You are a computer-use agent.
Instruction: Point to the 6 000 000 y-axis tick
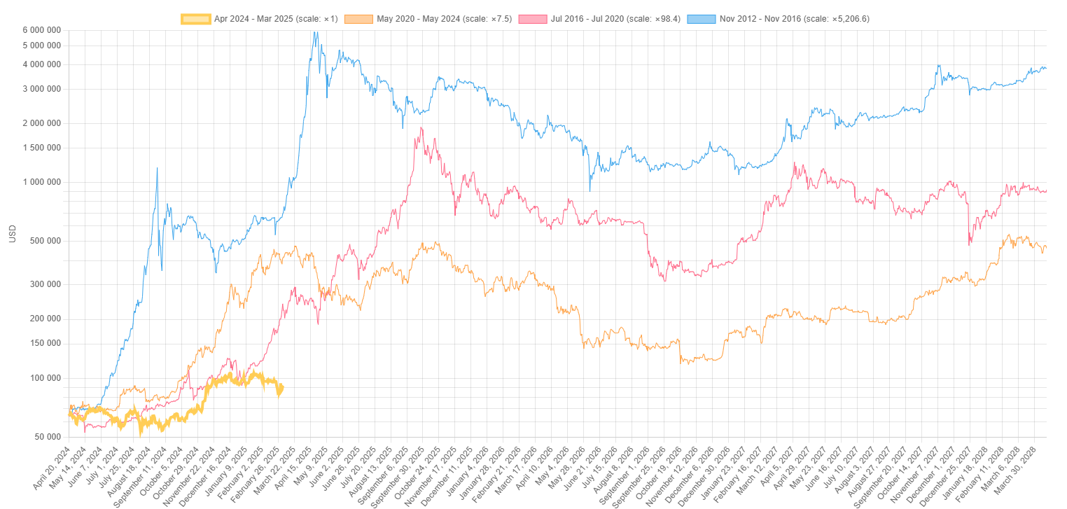point(41,30)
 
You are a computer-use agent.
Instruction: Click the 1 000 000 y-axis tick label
point(41,182)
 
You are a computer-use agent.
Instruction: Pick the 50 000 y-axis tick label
point(47,437)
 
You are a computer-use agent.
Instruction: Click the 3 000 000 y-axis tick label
point(41,89)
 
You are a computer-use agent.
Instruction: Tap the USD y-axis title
point(12,233)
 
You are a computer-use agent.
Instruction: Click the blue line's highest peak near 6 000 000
point(315,32)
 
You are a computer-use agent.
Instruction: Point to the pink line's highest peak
point(421,127)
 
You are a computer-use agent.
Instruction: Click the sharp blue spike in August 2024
point(157,168)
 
